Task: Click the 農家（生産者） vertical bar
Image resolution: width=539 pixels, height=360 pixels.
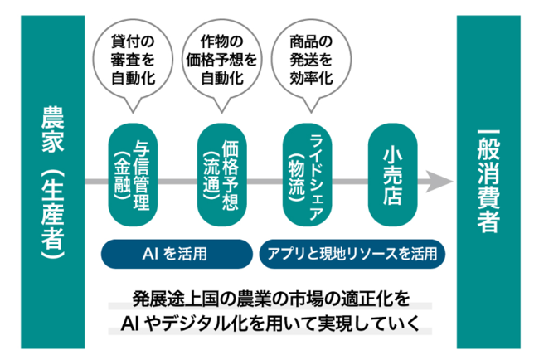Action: [52, 182]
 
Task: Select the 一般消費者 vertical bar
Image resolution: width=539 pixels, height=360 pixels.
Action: [488, 182]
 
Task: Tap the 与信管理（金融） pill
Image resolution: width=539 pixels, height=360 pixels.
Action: [133, 175]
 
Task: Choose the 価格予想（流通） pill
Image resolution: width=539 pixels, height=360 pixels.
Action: [221, 175]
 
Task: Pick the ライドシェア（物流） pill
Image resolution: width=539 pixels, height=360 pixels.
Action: [307, 175]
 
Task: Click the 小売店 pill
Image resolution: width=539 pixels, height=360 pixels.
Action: [392, 175]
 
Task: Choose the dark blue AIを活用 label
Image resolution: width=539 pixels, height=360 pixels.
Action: [177, 254]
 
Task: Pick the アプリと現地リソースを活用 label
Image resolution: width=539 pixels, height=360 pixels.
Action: [352, 254]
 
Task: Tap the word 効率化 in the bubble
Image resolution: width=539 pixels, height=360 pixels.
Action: [311, 79]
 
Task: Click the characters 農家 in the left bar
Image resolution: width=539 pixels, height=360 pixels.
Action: [53, 129]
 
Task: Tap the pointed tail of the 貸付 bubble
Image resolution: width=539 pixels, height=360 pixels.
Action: [133, 112]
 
